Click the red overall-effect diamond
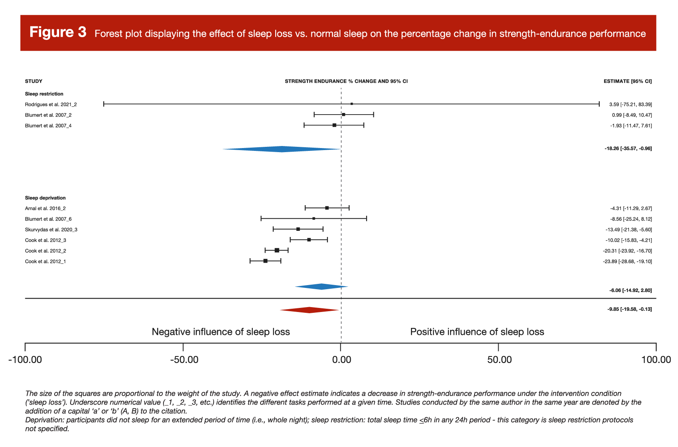309,310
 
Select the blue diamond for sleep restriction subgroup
282,149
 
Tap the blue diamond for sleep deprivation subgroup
321,287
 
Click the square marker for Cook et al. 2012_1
265,261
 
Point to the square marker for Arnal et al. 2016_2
327,208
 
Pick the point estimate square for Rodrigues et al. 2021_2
352,104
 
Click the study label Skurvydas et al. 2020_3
51,230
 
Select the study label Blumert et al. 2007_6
48,219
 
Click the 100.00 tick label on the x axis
656,360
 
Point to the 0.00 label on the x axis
341,360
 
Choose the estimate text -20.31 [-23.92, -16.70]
627,251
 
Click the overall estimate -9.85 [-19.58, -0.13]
629,309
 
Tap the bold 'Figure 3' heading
58,32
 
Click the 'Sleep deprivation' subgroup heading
45,198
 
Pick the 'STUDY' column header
33,81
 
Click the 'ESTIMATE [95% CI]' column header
627,81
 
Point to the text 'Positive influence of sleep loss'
477,332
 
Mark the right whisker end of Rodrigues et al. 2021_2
599,104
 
